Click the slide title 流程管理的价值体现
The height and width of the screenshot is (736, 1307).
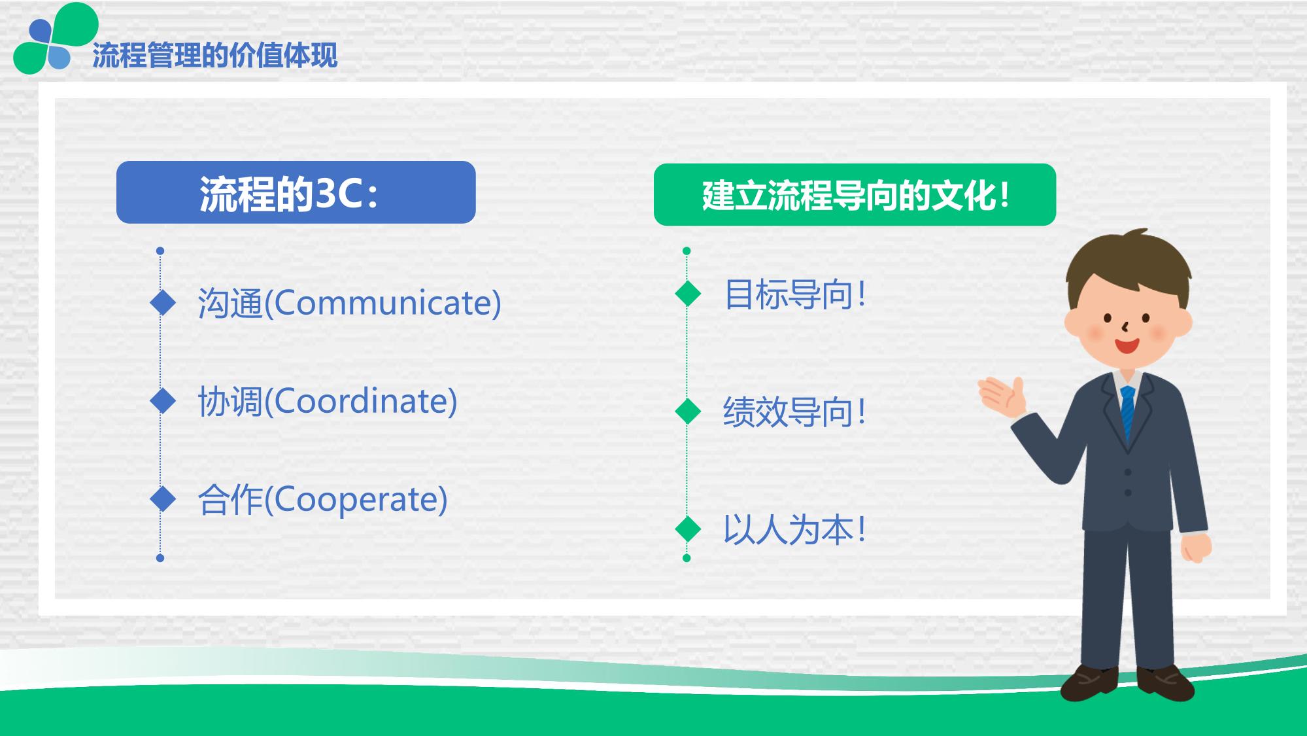215,56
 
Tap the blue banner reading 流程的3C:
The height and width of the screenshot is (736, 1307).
296,192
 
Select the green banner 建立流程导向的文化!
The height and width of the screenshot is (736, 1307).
855,195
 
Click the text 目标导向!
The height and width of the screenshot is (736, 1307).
795,294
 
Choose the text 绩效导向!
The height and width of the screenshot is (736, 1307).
795,412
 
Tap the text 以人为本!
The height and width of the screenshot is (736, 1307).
795,530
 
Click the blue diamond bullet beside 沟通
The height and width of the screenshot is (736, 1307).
163,302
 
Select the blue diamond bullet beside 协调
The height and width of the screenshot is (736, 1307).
163,401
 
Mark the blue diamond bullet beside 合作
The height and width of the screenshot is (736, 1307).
163,499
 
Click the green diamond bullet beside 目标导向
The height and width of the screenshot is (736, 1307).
688,293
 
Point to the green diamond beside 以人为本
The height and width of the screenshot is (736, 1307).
688,529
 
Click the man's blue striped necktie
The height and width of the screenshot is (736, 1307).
1128,412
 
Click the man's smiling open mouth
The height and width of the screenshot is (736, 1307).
1127,345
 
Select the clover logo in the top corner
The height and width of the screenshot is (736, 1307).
55,39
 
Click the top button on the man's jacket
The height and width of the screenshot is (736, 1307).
1128,472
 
